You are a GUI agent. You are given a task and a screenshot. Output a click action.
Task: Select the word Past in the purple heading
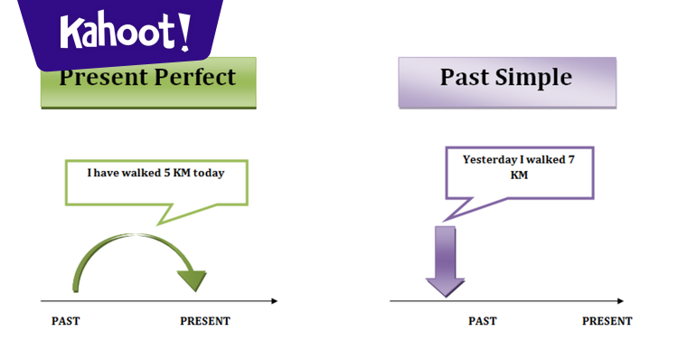tap(465, 78)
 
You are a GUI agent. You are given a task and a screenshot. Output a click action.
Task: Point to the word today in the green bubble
tap(230, 172)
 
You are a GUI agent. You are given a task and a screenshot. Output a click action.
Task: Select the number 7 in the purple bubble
tap(570, 160)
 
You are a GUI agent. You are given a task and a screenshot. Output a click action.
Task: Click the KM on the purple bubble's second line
tap(519, 175)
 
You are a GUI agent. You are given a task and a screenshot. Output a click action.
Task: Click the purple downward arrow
tap(445, 262)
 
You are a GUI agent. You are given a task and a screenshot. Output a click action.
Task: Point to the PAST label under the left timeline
tap(65, 321)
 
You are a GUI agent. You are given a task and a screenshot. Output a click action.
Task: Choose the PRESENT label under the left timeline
tap(205, 321)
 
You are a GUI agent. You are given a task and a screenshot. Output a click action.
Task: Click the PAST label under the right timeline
tap(482, 321)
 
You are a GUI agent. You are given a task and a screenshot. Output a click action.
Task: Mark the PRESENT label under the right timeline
tap(607, 321)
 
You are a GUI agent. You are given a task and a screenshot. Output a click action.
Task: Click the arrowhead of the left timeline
tap(273, 300)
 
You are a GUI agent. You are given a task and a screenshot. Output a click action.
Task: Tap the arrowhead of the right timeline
tap(620, 300)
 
